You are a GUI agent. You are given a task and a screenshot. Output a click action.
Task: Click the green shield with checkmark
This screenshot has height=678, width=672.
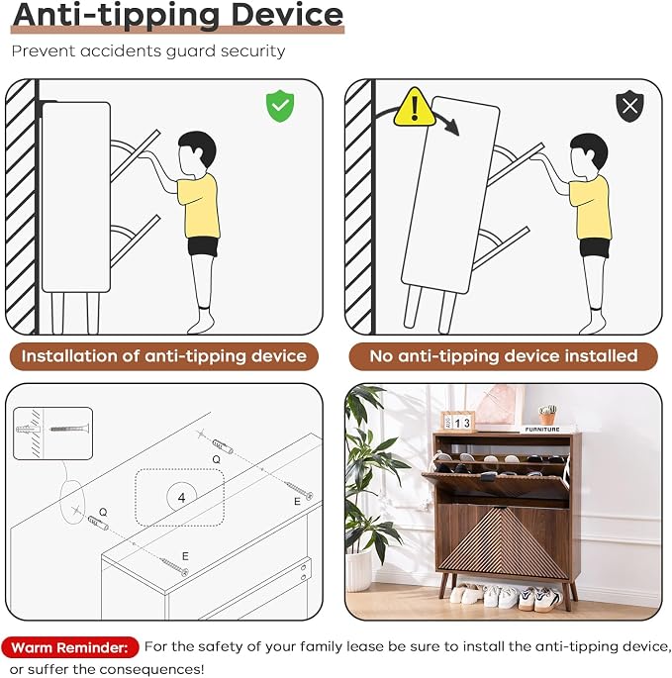click(280, 106)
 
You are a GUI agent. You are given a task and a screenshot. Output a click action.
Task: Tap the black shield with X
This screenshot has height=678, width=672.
click(629, 106)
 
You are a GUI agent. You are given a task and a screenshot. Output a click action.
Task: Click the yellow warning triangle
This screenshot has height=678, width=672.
click(415, 108)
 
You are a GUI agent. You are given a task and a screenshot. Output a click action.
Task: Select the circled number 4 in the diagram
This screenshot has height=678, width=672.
click(182, 497)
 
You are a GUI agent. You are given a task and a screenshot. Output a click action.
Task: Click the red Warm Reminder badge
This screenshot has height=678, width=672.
click(69, 647)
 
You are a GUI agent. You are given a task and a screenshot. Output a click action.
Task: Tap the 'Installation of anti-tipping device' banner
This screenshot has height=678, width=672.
click(164, 356)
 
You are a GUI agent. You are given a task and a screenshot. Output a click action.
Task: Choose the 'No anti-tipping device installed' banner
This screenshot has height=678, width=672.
click(504, 356)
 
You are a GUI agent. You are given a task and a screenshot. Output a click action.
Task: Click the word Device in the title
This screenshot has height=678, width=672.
click(287, 15)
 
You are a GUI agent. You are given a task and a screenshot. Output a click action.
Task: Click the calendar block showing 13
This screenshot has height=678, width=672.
click(458, 422)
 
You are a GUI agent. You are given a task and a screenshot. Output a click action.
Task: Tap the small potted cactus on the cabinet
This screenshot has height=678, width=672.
click(547, 415)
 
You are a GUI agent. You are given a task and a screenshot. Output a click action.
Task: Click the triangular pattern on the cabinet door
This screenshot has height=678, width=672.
click(503, 541)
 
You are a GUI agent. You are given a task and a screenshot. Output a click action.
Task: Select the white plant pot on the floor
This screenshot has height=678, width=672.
click(359, 570)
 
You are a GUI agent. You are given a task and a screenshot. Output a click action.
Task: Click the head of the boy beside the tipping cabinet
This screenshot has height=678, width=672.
click(589, 152)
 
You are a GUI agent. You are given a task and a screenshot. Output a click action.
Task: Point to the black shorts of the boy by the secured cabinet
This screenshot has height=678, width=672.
click(203, 246)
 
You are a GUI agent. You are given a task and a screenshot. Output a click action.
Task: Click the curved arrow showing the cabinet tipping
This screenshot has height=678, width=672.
click(418, 112)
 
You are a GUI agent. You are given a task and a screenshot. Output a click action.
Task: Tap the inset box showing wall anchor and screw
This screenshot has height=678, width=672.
click(52, 434)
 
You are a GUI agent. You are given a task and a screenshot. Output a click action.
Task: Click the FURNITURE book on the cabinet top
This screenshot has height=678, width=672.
click(542, 429)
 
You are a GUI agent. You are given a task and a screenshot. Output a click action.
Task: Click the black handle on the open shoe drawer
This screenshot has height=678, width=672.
click(489, 476)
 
